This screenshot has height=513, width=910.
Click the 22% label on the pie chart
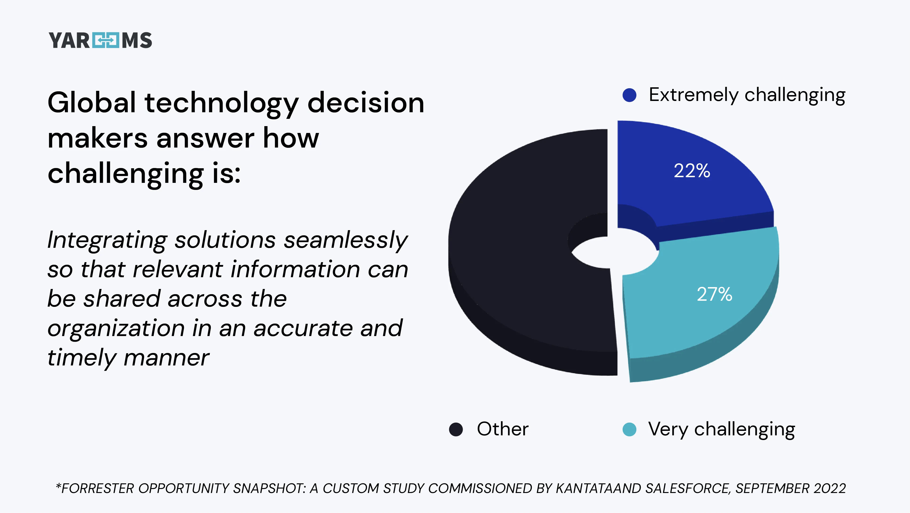692,171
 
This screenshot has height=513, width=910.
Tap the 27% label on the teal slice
714,294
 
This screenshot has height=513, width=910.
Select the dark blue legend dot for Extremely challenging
629,95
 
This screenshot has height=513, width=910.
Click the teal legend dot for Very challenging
629,430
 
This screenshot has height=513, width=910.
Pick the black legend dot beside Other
456,430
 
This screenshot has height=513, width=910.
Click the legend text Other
502,429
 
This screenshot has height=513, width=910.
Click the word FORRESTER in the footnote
98,488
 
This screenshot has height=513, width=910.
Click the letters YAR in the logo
69,40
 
